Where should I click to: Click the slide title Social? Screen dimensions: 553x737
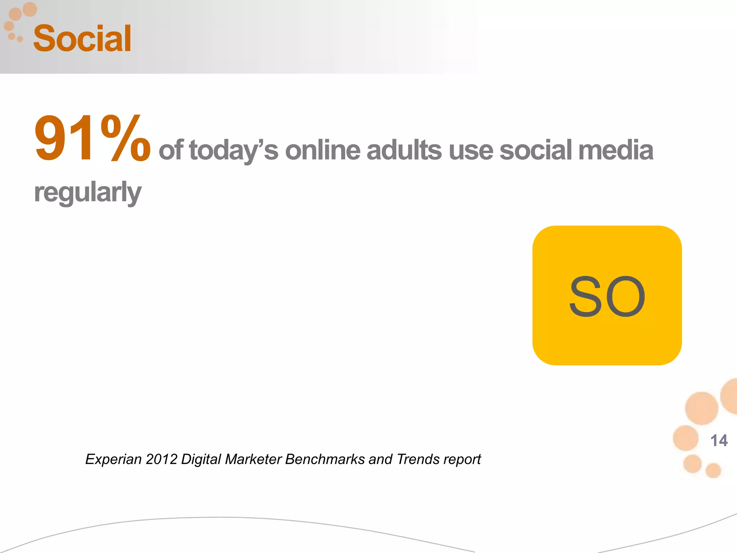click(x=82, y=39)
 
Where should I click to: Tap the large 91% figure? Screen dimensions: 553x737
click(x=92, y=138)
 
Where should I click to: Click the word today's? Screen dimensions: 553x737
click(x=234, y=150)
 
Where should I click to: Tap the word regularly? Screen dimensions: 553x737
click(x=88, y=193)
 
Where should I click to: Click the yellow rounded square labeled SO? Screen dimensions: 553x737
click(x=607, y=295)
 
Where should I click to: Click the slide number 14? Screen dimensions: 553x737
click(x=719, y=441)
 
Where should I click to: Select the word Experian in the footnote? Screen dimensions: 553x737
click(x=113, y=459)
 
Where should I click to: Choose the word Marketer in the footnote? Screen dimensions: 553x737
click(x=253, y=459)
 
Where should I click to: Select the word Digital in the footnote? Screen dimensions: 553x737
click(x=201, y=459)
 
